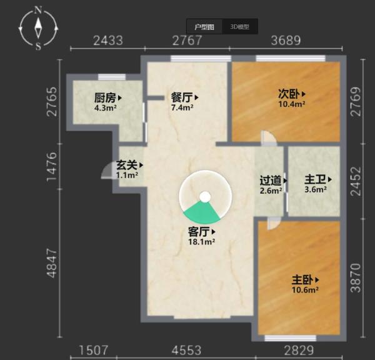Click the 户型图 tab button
pos(204,26)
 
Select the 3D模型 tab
pos(240,26)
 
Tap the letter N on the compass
pos(38,10)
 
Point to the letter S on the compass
pos(38,46)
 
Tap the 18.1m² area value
pos(201,242)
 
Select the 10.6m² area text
pos(305,290)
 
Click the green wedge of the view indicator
pos(202,212)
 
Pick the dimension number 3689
pos(286,41)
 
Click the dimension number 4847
pos(52,263)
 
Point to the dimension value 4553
pos(186,351)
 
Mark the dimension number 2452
pos(356,181)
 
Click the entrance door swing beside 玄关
pos(107,170)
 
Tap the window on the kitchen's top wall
pos(112,77)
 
